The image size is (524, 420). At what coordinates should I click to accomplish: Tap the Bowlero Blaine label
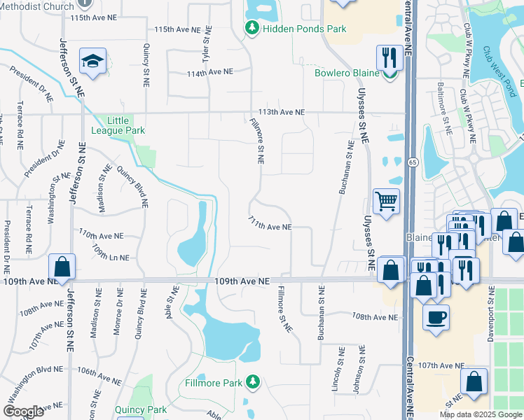coord(346,73)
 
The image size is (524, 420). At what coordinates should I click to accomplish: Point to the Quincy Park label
coord(143,409)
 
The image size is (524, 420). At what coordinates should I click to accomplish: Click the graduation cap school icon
coord(92,62)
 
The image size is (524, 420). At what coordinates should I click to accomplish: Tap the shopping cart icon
coord(386,202)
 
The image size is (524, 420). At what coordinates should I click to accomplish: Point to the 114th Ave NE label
coord(209,72)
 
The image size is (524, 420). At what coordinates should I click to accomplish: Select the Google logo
coord(23,412)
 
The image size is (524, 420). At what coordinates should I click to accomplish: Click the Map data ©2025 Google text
coord(480,414)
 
